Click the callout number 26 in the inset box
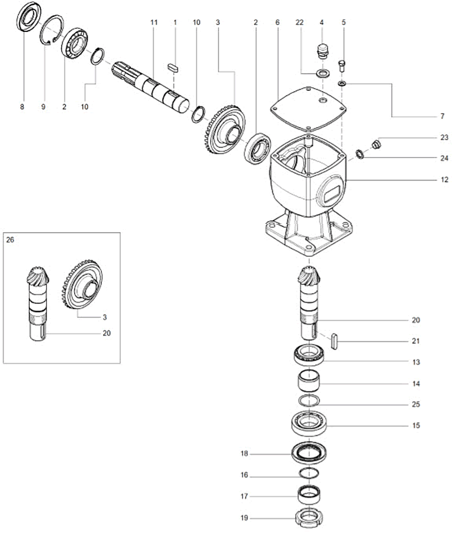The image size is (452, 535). [x=10, y=240]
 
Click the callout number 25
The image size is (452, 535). [x=416, y=405]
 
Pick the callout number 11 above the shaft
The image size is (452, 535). [x=154, y=23]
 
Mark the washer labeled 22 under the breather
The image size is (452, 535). [x=322, y=72]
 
